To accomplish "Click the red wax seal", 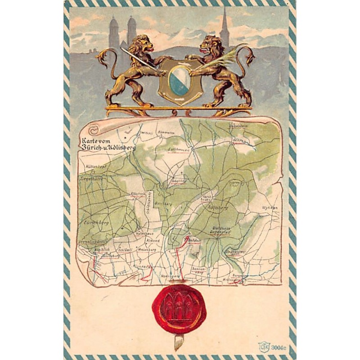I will pos(179,308).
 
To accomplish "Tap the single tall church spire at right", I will pos(224,27).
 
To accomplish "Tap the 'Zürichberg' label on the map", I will pos(97,223).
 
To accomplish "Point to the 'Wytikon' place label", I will pos(270,208).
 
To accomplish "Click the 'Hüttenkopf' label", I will pos(95,167).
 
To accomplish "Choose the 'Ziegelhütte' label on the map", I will pos(93,178).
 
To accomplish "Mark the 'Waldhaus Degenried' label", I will pos(221,230).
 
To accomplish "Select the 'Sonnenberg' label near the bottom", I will pos(198,270).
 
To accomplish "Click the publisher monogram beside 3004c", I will pos(263,346).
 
